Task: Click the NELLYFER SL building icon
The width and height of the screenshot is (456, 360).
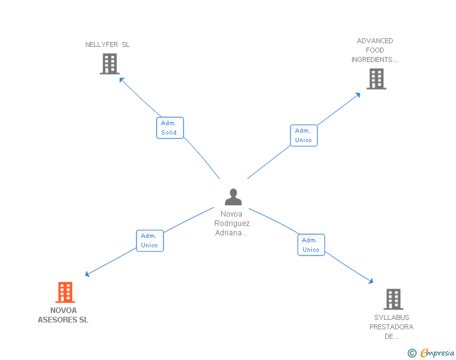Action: (x=109, y=64)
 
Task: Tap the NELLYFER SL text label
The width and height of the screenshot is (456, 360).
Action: (x=108, y=45)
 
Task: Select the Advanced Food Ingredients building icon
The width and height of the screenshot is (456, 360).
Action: (x=376, y=79)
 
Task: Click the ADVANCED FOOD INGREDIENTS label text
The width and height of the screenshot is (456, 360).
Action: (x=375, y=50)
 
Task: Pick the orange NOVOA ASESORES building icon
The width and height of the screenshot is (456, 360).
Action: (x=65, y=292)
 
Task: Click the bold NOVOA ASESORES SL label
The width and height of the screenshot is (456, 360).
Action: (x=63, y=315)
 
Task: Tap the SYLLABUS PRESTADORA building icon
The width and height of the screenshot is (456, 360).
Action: (x=393, y=299)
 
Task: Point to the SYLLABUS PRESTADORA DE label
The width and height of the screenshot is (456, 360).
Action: (x=391, y=326)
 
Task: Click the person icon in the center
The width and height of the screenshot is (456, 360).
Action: (x=233, y=197)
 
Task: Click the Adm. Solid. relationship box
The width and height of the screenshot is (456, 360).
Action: (x=170, y=128)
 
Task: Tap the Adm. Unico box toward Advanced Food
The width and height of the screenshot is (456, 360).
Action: (x=304, y=135)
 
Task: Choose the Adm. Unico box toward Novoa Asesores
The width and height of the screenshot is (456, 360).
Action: (x=150, y=240)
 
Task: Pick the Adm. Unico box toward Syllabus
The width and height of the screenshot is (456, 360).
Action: (x=311, y=245)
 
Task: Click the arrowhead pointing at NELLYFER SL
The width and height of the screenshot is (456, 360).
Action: (x=122, y=80)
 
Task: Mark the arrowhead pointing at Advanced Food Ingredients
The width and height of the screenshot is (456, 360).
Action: (x=358, y=95)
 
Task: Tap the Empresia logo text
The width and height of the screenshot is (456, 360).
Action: (x=437, y=353)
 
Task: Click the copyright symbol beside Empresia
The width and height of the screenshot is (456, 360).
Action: (x=412, y=354)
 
